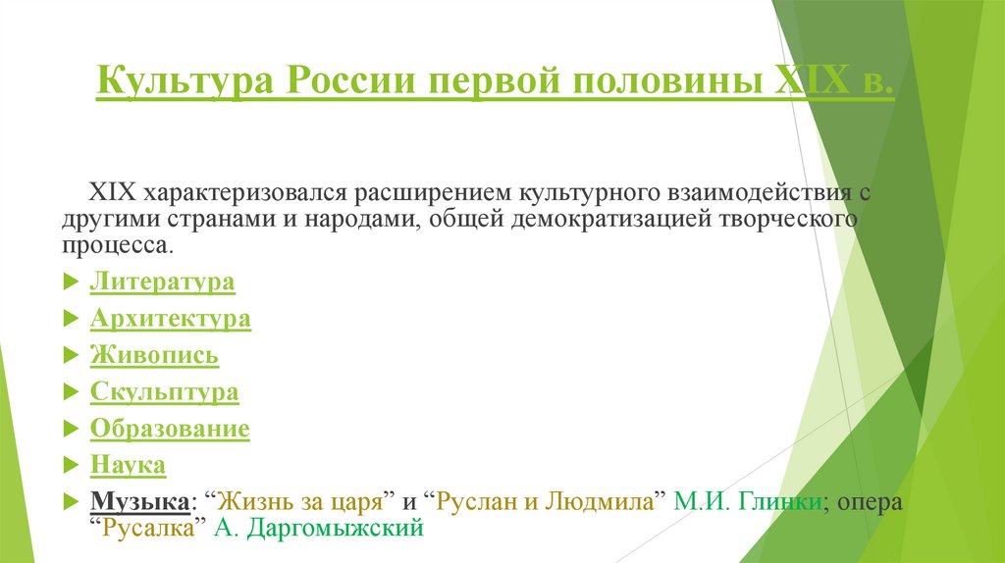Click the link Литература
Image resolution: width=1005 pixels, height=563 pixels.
point(162,282)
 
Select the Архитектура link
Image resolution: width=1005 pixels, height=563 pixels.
point(170,319)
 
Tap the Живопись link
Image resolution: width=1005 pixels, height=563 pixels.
point(154,355)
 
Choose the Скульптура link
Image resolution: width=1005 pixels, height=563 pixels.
point(164,392)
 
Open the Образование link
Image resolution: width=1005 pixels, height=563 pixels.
point(170,429)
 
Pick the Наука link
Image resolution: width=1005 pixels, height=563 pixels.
point(128,465)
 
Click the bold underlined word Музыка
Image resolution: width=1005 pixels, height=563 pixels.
point(139,501)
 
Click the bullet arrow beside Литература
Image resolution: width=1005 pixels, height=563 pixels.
point(70,283)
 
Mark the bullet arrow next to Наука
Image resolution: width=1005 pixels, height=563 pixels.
point(70,466)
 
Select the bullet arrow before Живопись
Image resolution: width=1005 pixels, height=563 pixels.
point(70,356)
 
